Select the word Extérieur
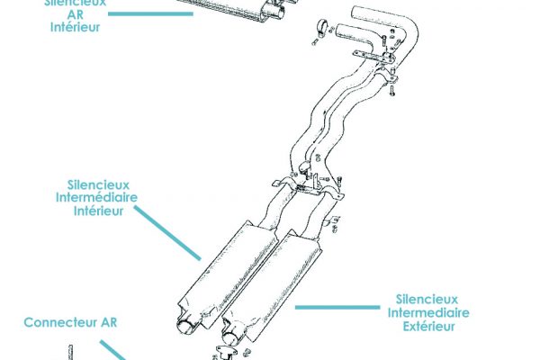point(427,327)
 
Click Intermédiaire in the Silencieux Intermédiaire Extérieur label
point(427,313)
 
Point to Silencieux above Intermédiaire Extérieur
point(427,299)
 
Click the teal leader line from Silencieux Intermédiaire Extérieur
point(337,307)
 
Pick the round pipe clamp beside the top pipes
point(320,27)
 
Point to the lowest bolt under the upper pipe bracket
point(393,89)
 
